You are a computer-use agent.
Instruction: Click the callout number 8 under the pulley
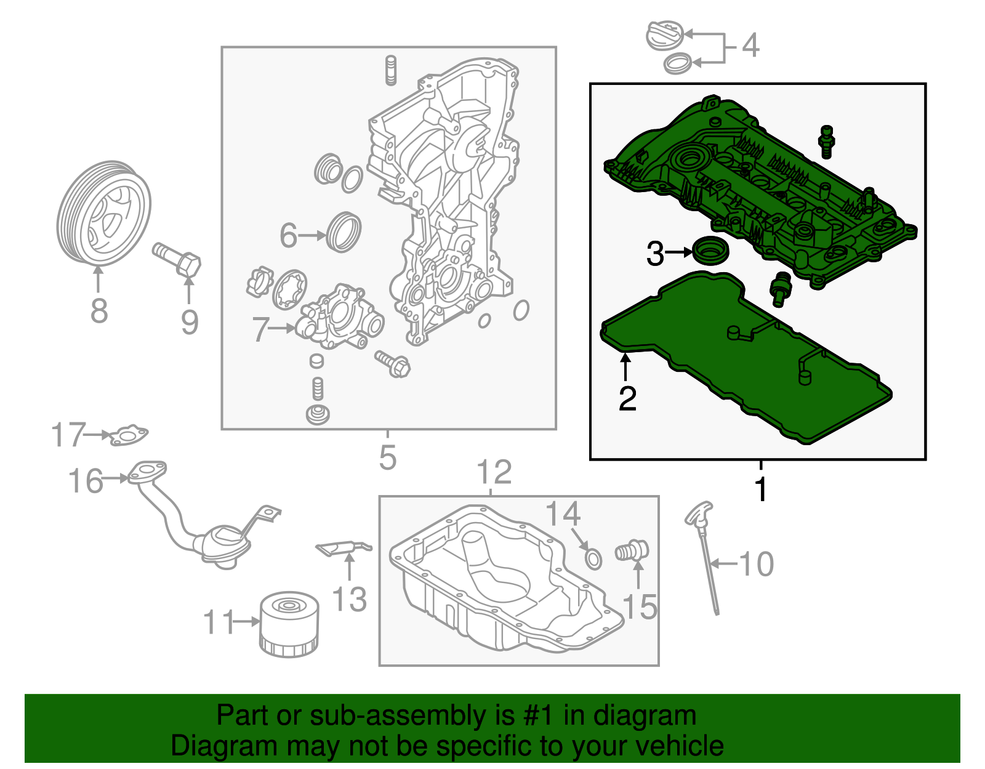click(x=99, y=311)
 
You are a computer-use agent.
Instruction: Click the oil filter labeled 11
click(x=289, y=624)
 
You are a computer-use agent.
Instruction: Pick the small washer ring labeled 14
click(x=593, y=559)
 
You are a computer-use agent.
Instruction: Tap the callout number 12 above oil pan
click(x=494, y=472)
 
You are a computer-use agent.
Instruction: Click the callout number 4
click(x=750, y=46)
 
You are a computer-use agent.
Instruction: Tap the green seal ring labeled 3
click(x=710, y=251)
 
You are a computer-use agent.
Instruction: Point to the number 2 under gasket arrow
click(x=627, y=399)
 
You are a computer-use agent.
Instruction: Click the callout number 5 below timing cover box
click(x=388, y=458)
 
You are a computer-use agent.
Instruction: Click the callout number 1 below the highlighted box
click(x=762, y=489)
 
